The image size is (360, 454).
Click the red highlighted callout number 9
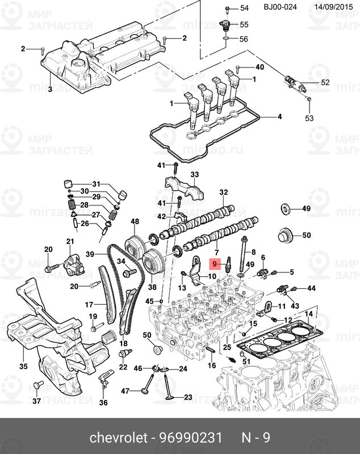click(215, 264)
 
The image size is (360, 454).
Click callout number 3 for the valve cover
click(49, 89)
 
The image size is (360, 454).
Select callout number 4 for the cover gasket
click(279, 117)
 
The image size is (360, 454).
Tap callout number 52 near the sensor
click(325, 83)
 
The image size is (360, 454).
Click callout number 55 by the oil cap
click(244, 24)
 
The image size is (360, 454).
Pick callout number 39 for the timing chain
click(89, 254)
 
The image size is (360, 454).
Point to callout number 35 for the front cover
click(23, 366)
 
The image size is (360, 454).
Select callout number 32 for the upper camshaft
click(223, 192)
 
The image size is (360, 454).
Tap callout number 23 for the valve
click(188, 397)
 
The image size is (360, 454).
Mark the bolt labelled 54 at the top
click(227, 8)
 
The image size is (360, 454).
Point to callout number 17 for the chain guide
click(89, 304)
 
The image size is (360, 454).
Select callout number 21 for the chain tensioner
click(70, 242)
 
